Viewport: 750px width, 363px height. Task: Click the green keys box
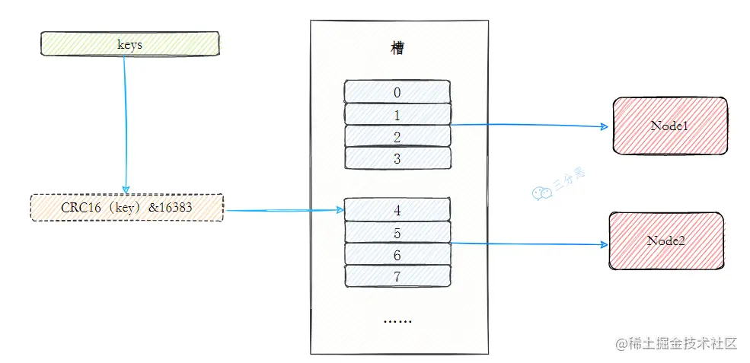tap(129, 44)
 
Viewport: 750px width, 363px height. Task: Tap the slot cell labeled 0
tap(397, 92)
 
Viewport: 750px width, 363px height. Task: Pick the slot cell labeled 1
tap(397, 114)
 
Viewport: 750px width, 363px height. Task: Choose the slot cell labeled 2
tap(397, 136)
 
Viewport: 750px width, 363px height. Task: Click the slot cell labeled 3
tap(397, 158)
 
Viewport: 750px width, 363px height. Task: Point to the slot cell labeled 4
tap(397, 209)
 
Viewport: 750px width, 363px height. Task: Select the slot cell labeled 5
tap(397, 232)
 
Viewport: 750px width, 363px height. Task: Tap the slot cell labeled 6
tap(397, 254)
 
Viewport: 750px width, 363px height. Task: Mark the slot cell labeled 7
tap(397, 276)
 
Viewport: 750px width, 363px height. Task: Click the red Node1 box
tap(669, 125)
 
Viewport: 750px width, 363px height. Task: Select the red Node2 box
tap(666, 240)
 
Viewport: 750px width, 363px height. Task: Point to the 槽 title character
tap(397, 49)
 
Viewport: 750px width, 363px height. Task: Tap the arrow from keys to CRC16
tap(125, 122)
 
